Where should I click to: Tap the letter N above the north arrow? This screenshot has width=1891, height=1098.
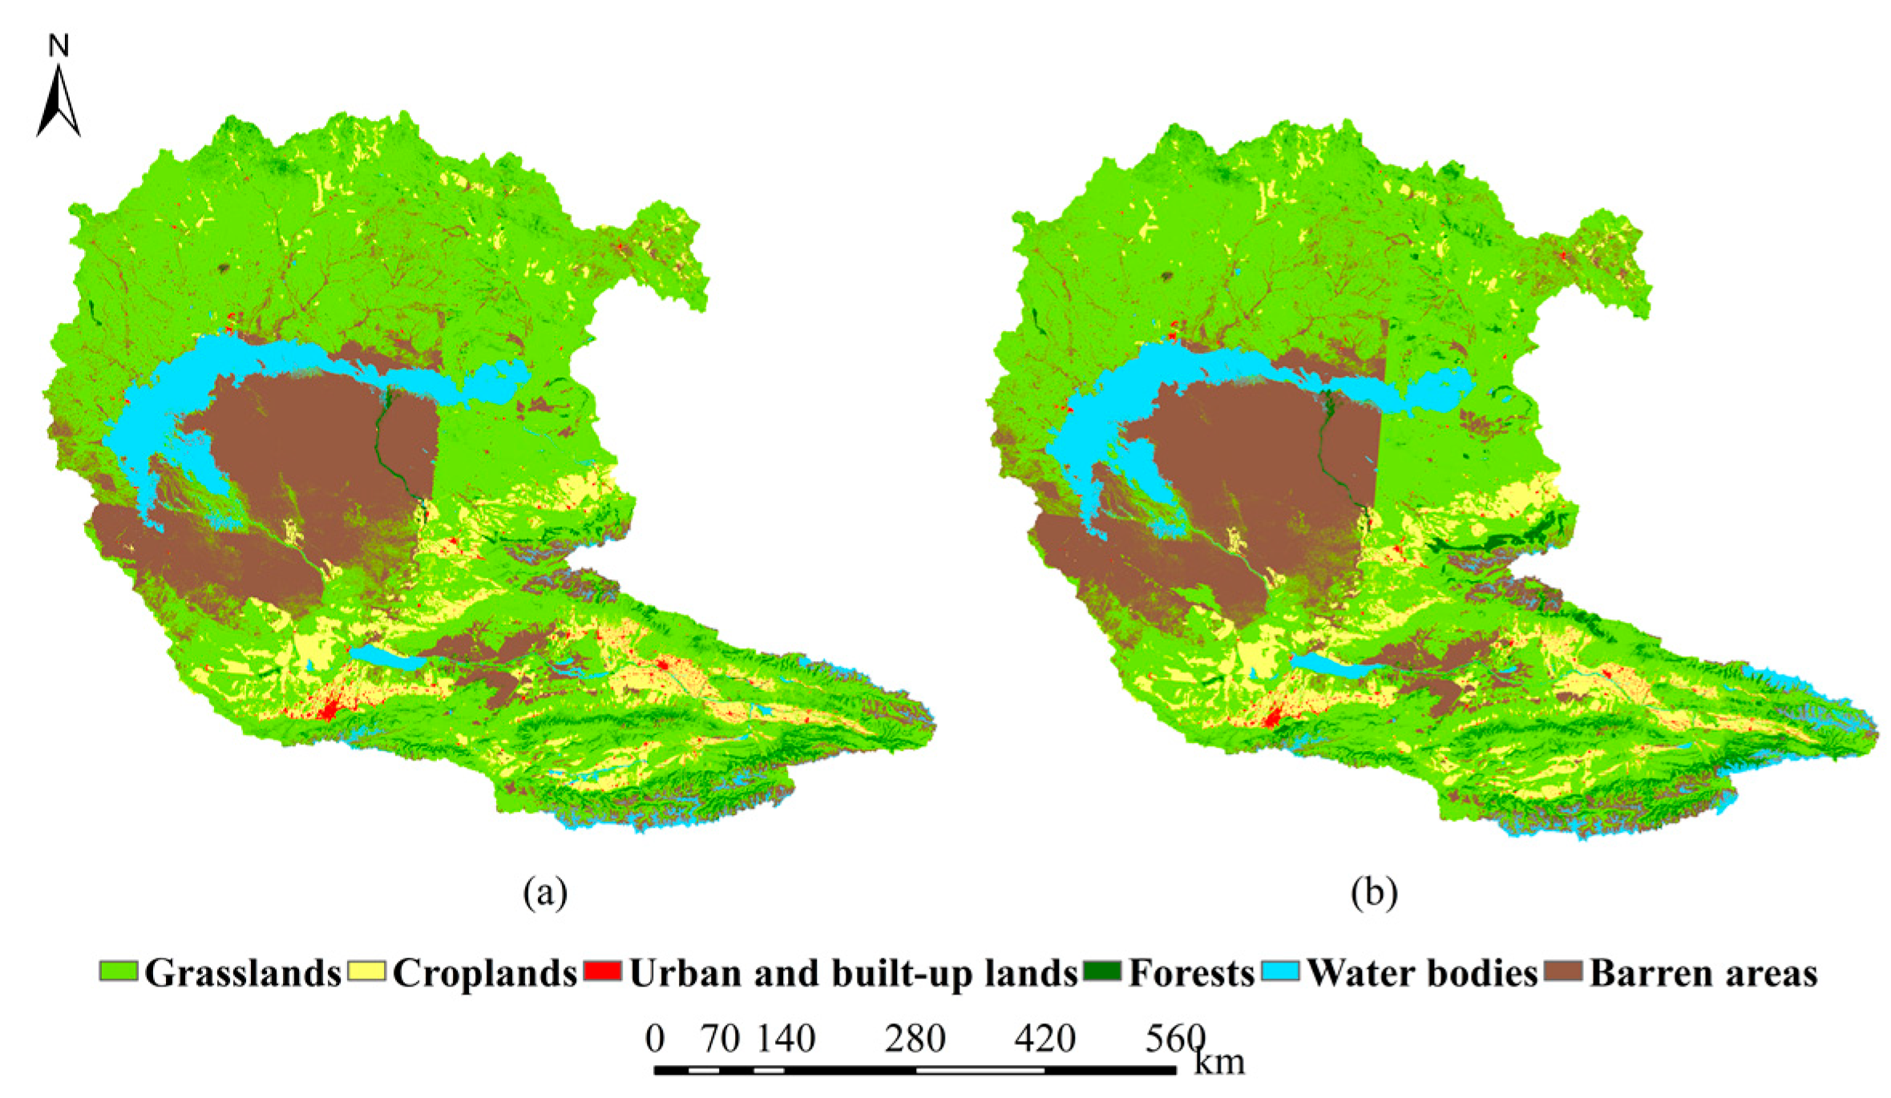pos(59,46)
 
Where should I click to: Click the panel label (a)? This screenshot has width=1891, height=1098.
pos(545,892)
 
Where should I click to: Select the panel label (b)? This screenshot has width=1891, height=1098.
pos(1374,892)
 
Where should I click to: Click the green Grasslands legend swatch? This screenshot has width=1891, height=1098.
pos(119,971)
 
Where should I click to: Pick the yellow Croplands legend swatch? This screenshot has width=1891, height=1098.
pos(366,971)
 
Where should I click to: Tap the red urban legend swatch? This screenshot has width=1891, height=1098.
pos(603,971)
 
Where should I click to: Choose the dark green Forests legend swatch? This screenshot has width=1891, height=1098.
pos(1102,971)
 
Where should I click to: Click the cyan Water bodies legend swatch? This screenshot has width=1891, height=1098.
pos(1280,971)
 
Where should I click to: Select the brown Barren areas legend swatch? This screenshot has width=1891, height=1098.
pos(1563,971)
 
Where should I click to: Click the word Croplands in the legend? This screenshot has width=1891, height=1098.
pos(485,973)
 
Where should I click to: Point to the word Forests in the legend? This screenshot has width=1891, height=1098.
pos(1191,973)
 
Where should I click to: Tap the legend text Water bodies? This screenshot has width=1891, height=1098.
pos(1422,973)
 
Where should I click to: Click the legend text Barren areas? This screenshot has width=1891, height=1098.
pos(1703,973)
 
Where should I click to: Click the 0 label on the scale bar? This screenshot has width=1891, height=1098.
pos(655,1039)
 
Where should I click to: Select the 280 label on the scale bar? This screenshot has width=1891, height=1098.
pos(915,1039)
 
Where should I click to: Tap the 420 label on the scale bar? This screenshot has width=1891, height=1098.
pos(1044,1039)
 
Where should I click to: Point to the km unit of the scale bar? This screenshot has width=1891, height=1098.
pos(1219,1063)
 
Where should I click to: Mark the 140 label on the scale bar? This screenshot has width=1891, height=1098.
pos(786,1039)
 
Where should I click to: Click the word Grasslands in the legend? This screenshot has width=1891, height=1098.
pos(243,973)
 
